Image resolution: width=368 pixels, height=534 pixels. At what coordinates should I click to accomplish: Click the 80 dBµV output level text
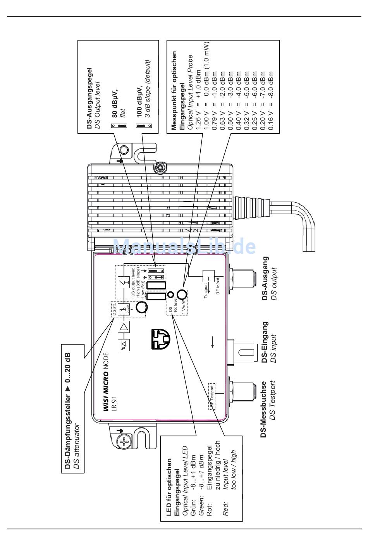pyautogui.click(x=115, y=103)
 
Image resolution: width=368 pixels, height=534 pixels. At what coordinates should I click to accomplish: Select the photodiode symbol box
pyautogui.click(x=124, y=345)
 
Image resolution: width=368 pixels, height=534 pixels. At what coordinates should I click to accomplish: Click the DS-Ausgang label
pyautogui.click(x=265, y=278)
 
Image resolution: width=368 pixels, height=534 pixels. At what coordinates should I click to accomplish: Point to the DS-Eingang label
pyautogui.click(x=265, y=342)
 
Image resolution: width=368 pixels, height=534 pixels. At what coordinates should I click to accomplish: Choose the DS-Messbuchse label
pyautogui.click(x=264, y=409)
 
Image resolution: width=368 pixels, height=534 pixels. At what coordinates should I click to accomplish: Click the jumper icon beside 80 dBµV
pyautogui.click(x=120, y=126)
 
